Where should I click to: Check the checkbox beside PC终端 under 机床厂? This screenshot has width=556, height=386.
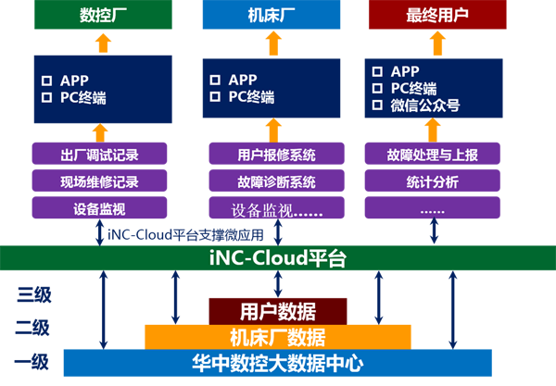(215, 97)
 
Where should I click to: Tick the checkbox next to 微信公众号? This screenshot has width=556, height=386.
(377, 105)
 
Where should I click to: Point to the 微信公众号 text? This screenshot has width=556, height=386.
(426, 105)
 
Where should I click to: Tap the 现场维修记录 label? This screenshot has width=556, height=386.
(105, 181)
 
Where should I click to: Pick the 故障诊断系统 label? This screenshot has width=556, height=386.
(276, 181)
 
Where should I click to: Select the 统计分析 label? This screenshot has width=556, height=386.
(432, 181)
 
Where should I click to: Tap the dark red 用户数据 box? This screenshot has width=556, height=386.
(277, 311)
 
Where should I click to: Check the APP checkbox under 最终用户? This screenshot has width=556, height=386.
(377, 71)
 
